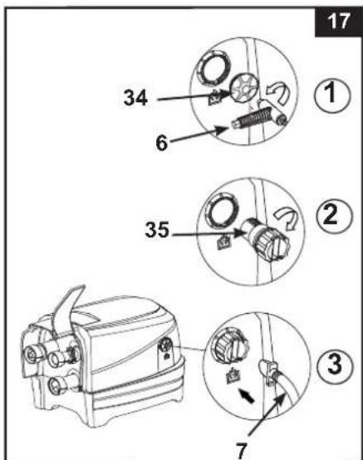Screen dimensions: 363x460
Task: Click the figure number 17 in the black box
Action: (339, 22)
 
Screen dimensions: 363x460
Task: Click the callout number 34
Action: (135, 98)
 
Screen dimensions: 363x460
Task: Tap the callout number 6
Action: (162, 143)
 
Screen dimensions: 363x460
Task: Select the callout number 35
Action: (157, 229)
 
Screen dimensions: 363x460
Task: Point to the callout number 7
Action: (242, 451)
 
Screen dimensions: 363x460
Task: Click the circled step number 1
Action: (332, 95)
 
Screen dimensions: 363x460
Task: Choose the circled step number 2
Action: (334, 216)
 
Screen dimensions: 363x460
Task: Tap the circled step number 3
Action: (335, 365)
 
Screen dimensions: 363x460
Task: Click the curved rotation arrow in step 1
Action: (277, 92)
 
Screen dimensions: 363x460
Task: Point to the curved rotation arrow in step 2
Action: (285, 218)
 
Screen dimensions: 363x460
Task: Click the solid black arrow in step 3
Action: (246, 395)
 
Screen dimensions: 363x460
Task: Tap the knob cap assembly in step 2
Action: (264, 239)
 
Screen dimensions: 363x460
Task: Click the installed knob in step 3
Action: (231, 345)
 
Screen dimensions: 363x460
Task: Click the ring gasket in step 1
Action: (214, 68)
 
